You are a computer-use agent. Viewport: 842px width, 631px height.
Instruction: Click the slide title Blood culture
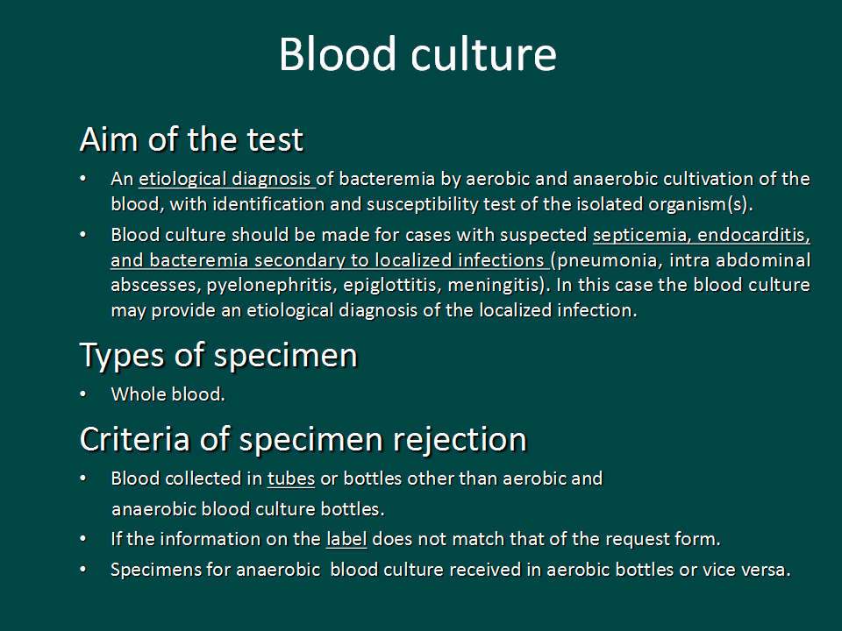point(417,54)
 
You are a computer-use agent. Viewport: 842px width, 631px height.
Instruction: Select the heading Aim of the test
point(192,139)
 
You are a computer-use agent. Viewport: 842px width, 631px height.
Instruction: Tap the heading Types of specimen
point(218,356)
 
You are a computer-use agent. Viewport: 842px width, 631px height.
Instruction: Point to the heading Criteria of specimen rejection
point(303,439)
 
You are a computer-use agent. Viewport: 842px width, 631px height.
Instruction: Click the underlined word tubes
point(291,479)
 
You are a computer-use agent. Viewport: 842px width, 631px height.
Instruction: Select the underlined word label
point(346,539)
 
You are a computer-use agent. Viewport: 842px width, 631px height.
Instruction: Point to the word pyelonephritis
point(272,286)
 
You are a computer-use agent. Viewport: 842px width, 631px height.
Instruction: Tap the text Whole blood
point(168,394)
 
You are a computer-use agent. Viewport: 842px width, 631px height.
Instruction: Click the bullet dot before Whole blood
point(82,394)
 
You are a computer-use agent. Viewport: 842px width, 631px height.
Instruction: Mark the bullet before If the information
point(82,538)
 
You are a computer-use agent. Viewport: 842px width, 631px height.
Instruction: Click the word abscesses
point(156,286)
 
